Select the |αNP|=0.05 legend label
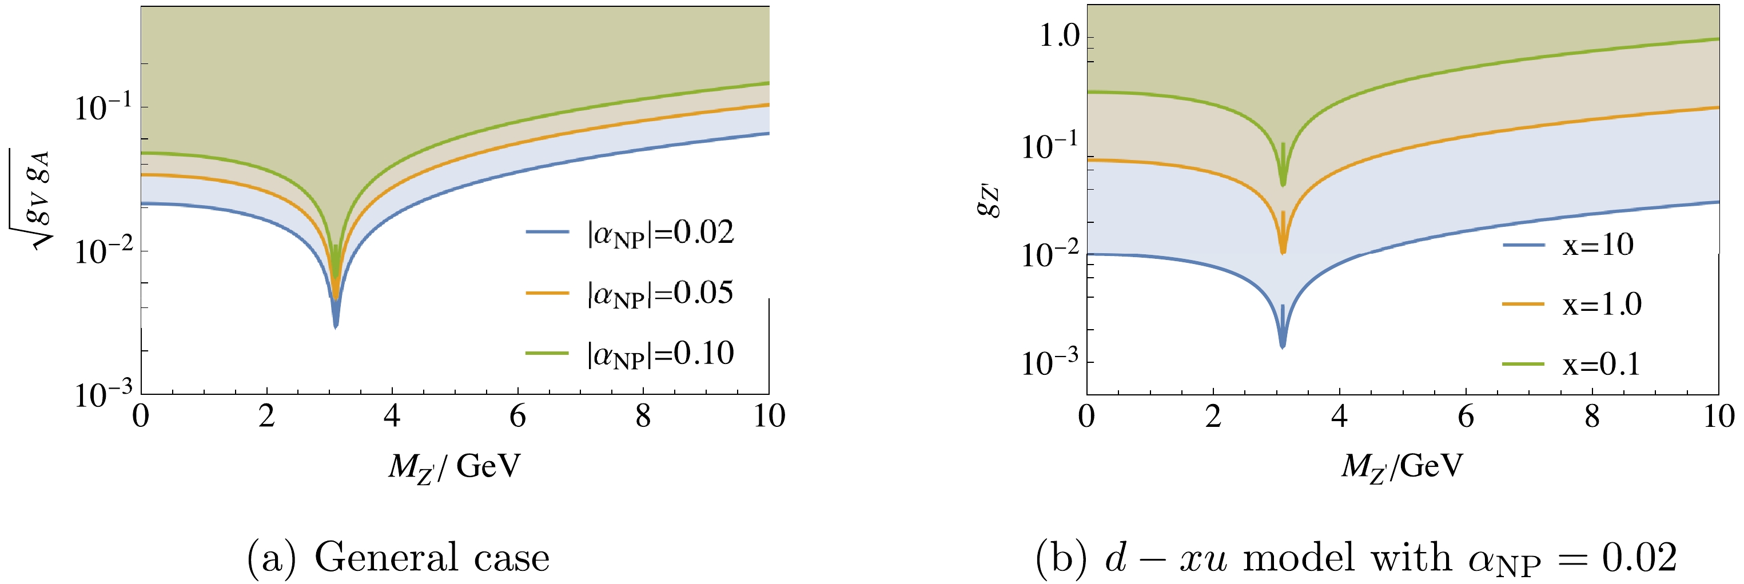tap(660, 293)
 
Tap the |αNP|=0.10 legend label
tap(660, 353)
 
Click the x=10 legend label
tap(1598, 245)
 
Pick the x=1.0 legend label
tap(1602, 305)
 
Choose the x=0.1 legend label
tap(1601, 365)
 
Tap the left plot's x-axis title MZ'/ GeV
tap(454, 467)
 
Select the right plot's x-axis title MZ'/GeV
tap(1402, 467)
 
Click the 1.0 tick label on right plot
tap(1060, 37)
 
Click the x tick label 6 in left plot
tap(518, 416)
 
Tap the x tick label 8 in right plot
tap(1592, 416)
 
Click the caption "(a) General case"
tap(398, 558)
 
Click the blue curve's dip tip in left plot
tap(335, 327)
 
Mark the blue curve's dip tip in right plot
tap(1283, 346)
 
